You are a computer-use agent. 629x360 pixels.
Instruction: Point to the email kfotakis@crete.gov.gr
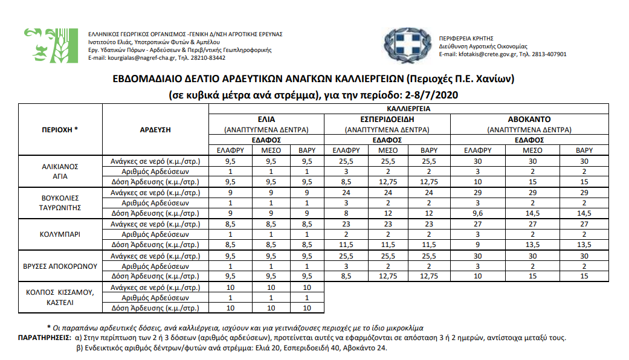point(489,54)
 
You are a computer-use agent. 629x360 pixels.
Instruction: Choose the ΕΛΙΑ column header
point(266,120)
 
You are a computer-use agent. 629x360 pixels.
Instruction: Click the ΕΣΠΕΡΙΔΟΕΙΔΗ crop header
point(387,120)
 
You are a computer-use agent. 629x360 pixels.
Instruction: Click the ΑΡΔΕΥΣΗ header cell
point(155,129)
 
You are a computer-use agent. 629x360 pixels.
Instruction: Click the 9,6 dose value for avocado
point(477,213)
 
